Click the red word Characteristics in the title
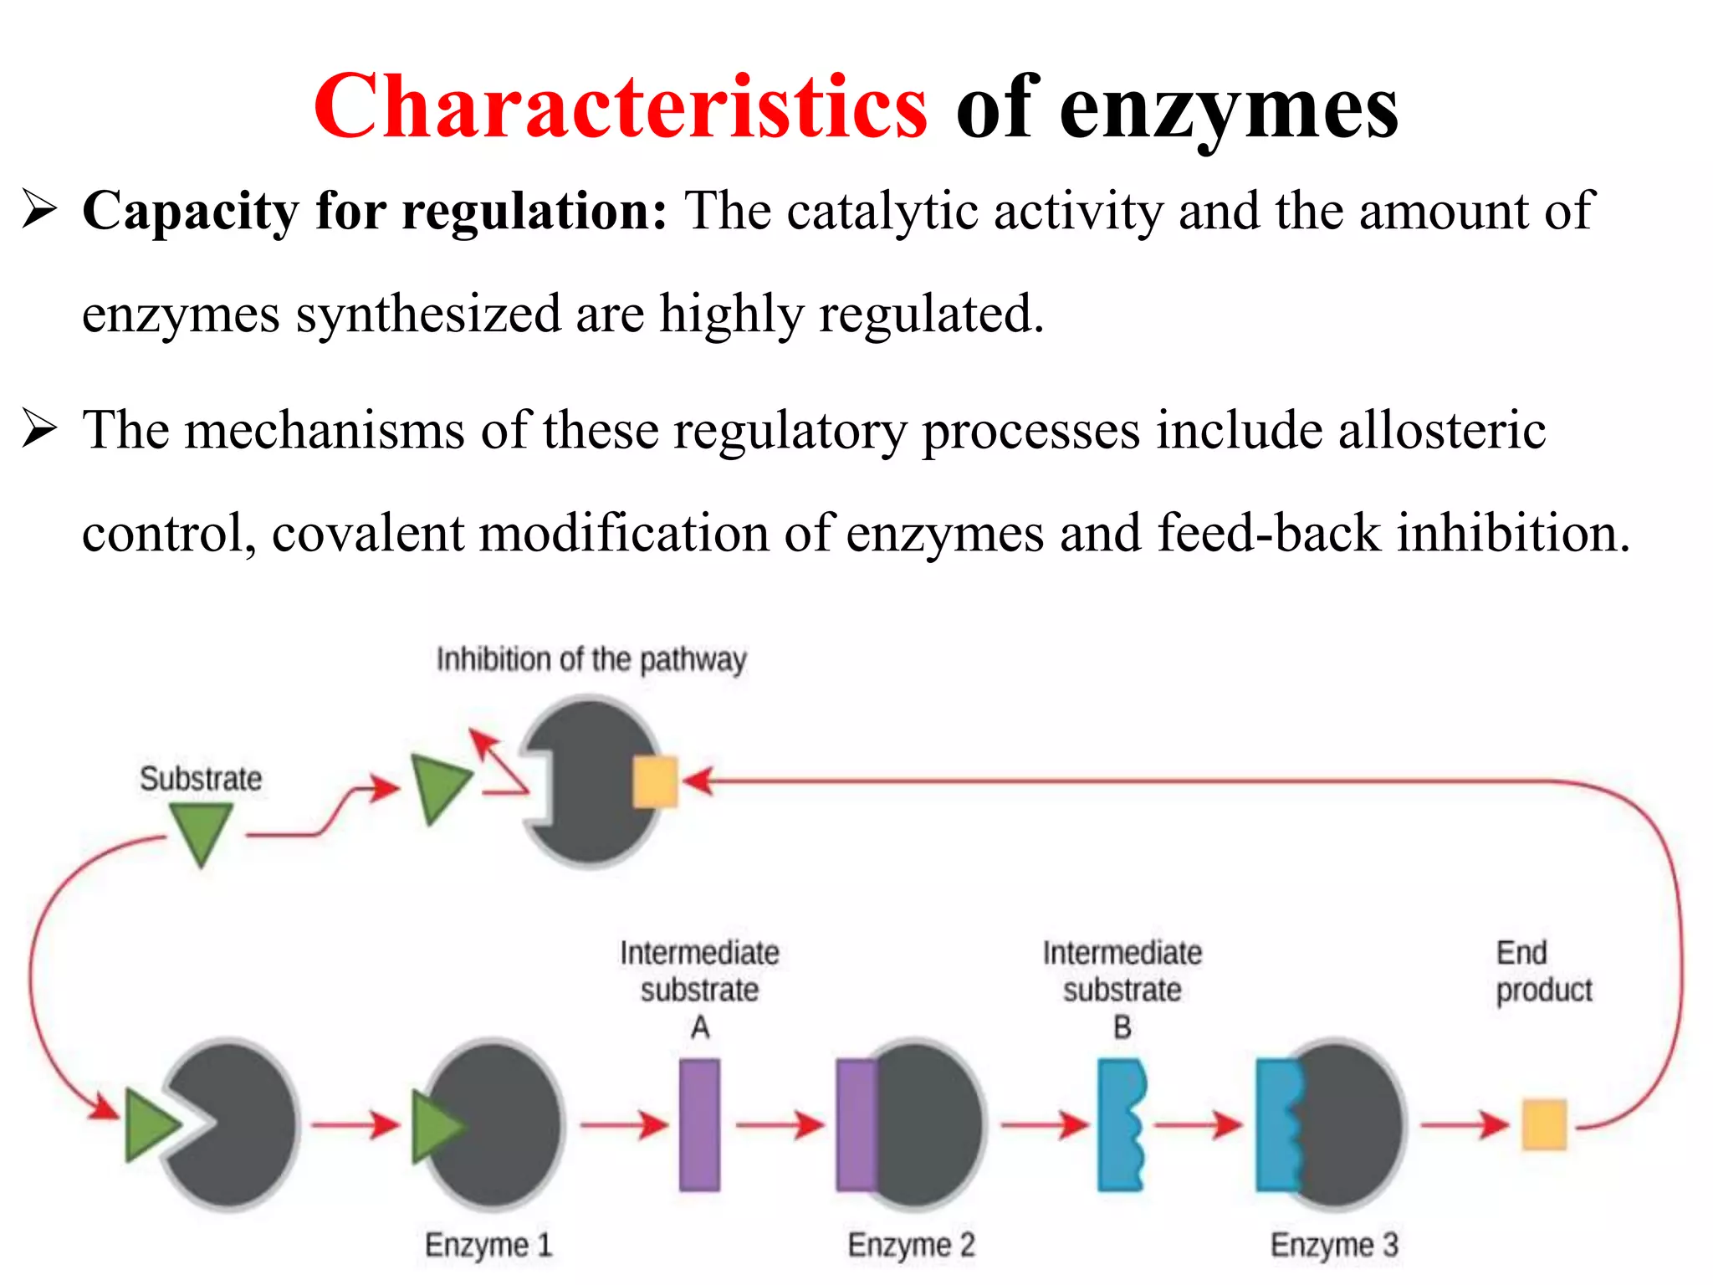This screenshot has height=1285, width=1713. tap(620, 107)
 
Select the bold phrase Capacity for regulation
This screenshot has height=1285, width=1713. tap(375, 211)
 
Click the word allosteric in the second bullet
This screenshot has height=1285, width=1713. tap(1441, 430)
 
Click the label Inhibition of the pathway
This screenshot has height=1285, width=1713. tap(591, 659)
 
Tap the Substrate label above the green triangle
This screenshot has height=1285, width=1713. tap(201, 779)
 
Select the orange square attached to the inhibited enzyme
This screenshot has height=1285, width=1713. tap(654, 781)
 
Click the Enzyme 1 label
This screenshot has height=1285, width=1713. tap(488, 1245)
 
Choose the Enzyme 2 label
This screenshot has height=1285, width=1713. tap(911, 1245)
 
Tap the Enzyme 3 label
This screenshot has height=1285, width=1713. tap(1334, 1245)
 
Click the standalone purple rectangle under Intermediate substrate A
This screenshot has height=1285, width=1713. tap(699, 1124)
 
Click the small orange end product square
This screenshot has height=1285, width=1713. tap(1543, 1124)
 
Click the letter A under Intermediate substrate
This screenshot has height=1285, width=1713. tap(700, 1027)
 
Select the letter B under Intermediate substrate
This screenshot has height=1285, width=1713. tap(1122, 1027)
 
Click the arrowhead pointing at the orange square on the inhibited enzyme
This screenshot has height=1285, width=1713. tap(696, 781)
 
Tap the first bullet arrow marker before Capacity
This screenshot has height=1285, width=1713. tap(39, 209)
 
